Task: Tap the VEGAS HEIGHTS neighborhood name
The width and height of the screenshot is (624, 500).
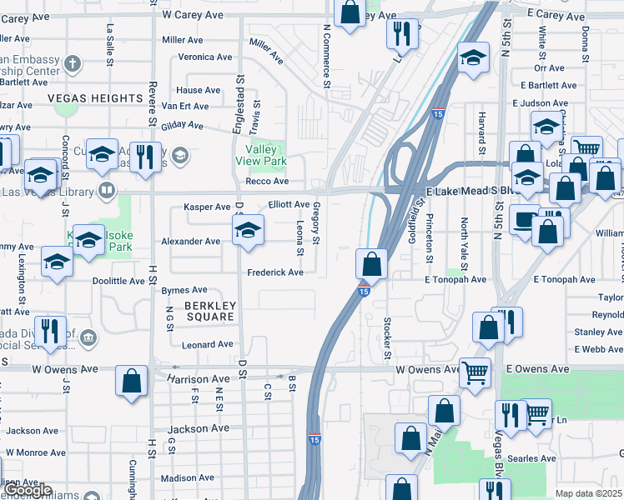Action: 96,98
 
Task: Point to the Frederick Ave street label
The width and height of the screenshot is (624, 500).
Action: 274,272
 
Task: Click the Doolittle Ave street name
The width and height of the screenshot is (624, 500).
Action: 118,281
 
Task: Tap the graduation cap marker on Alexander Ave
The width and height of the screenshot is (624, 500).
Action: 248,232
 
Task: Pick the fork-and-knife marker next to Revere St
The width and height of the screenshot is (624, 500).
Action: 147,156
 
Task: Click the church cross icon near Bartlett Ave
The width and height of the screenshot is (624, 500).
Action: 72,63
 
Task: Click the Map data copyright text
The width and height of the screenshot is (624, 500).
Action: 589,493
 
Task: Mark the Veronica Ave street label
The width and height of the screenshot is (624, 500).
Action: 205,57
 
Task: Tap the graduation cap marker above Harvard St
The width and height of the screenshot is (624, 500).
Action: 474,58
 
